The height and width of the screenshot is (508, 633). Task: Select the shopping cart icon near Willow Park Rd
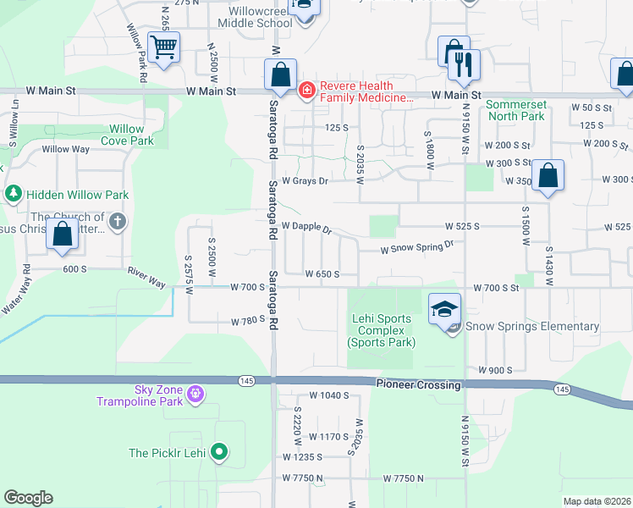click(163, 47)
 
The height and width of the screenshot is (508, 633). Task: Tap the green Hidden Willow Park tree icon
click(14, 194)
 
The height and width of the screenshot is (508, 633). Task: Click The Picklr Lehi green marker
click(220, 452)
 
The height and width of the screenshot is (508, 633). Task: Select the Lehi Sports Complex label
click(381, 330)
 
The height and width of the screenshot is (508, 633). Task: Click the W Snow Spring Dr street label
click(417, 247)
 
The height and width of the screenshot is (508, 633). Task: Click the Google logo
click(28, 498)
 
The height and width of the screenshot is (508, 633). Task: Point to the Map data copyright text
click(596, 501)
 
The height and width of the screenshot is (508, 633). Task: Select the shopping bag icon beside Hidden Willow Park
click(63, 235)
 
